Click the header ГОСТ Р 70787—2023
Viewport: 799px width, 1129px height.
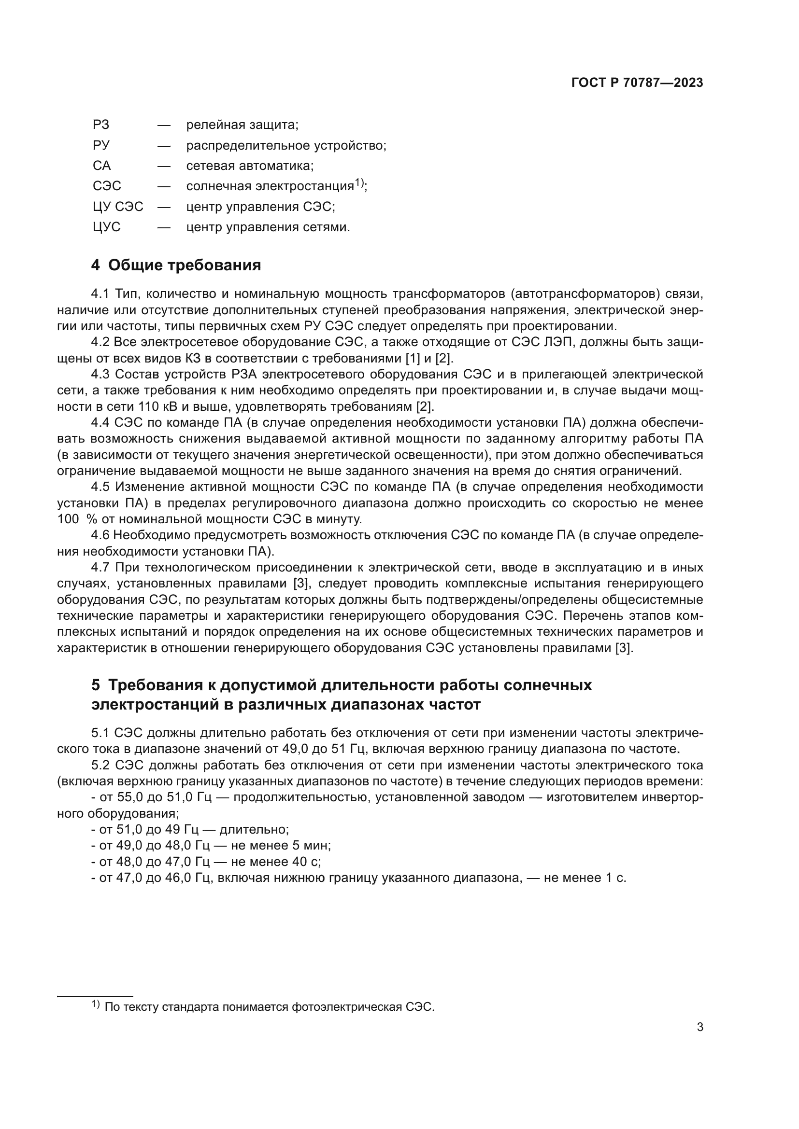coord(637,83)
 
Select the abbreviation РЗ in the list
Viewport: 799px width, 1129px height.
coord(101,125)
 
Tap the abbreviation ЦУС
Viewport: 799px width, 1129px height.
coord(106,227)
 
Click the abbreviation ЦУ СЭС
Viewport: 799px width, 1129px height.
coord(117,207)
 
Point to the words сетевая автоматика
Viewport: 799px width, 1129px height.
coord(249,166)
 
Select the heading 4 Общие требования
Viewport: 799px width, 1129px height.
coord(176,265)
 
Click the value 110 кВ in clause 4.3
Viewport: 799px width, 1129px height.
coord(150,406)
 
